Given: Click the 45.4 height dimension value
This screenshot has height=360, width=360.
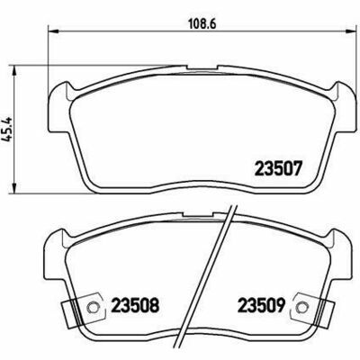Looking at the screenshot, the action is [x=7, y=129].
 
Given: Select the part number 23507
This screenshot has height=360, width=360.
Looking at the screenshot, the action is [x=277, y=168].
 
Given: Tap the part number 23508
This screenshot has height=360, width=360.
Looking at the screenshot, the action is [x=135, y=306].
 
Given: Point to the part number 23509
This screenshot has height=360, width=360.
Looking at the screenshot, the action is [x=261, y=306].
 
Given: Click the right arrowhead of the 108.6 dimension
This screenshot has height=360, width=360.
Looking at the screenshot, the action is [x=349, y=31].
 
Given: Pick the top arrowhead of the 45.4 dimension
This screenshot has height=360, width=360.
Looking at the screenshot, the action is [x=13, y=71].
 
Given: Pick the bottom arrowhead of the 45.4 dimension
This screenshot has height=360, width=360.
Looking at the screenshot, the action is [x=13, y=188].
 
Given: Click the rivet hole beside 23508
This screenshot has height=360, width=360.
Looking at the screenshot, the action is [x=92, y=307].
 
